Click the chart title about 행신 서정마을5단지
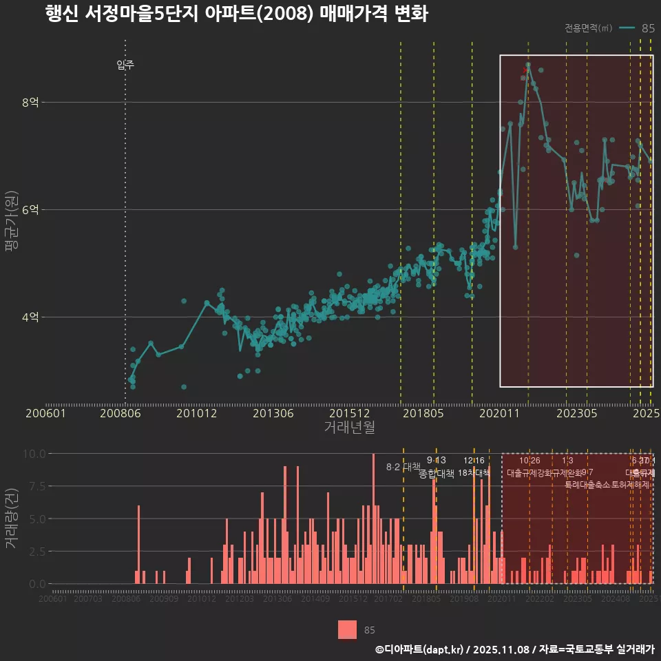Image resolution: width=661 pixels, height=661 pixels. coord(236,14)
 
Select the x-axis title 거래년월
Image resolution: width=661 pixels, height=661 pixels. coord(349,427)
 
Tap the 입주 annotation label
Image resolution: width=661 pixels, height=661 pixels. coord(125,65)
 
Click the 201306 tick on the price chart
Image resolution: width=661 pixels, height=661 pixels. coord(273,414)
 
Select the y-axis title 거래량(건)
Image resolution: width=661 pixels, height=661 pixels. coord(12,518)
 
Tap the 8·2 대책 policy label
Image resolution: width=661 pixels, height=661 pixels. coord(403,467)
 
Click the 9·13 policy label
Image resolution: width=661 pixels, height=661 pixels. coord(436,460)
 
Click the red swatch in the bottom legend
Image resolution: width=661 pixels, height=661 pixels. coord(348,629)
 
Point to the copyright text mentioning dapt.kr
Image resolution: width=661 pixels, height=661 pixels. coord(514,649)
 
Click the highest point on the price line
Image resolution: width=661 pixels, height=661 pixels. coord(528,65)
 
